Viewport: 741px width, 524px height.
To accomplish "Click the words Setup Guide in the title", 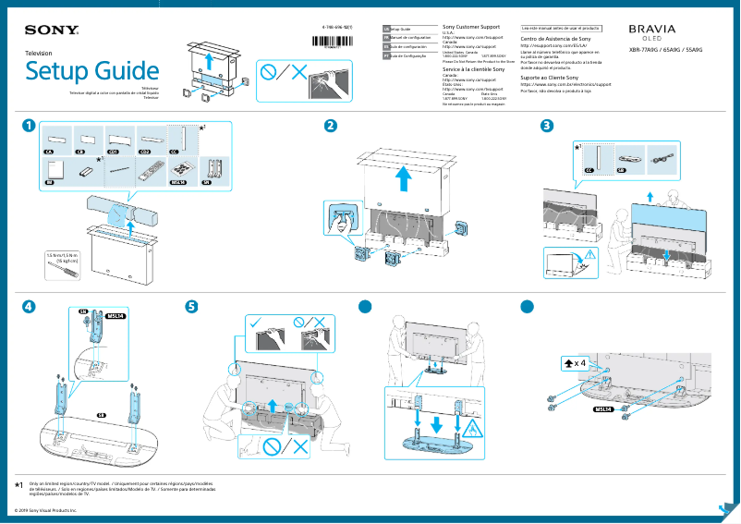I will click(91, 71).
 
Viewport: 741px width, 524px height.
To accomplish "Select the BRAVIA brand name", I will click(652, 30).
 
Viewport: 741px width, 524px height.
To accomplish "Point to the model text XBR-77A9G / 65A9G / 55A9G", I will click(665, 50).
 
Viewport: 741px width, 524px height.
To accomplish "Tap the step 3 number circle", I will click(547, 126).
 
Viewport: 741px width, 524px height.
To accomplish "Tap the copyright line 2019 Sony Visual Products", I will click(46, 510).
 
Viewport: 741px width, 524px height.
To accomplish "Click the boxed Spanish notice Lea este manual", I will click(561, 29).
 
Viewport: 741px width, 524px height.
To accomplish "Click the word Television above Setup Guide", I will click(39, 54).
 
